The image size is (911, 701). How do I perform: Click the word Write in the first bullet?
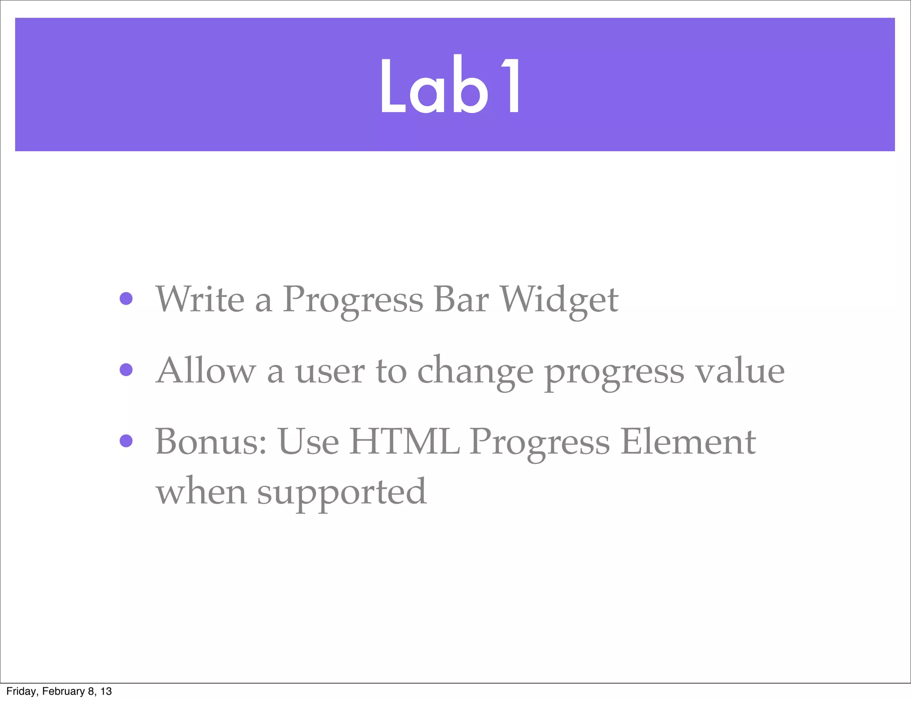(x=200, y=299)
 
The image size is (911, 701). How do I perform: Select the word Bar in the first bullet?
(x=461, y=299)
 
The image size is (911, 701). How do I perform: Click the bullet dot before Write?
(x=126, y=298)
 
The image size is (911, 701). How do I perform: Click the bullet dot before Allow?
(x=126, y=370)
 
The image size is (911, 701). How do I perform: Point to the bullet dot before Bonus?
(x=126, y=441)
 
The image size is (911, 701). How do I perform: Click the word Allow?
(x=206, y=371)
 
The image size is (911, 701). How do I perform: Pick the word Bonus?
(x=211, y=442)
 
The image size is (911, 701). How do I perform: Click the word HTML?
(x=404, y=442)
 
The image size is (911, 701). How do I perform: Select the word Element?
(x=688, y=442)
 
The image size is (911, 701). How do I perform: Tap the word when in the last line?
(x=201, y=492)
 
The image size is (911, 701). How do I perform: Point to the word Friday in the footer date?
(x=21, y=691)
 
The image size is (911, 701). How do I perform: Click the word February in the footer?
(x=63, y=691)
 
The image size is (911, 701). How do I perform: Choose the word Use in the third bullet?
(x=308, y=442)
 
